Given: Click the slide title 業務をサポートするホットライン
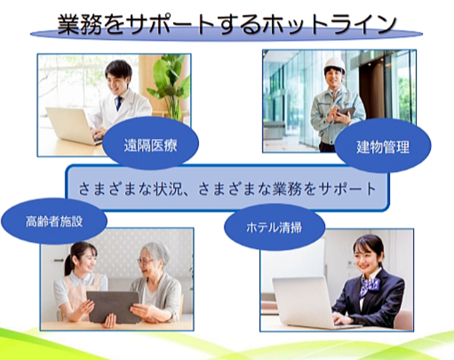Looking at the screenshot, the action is [227, 25].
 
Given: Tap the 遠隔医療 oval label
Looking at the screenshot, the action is [150, 143].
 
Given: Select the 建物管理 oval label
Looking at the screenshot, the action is [383, 146].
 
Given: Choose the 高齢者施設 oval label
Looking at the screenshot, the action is [54, 221].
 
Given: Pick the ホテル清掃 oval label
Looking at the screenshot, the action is [274, 227].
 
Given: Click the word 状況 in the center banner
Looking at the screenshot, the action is [166, 189].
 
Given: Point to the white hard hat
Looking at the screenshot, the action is [335, 64].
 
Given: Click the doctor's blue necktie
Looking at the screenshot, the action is [119, 103].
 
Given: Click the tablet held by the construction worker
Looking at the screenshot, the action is [346, 112].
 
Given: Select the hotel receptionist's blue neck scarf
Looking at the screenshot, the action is [369, 286].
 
